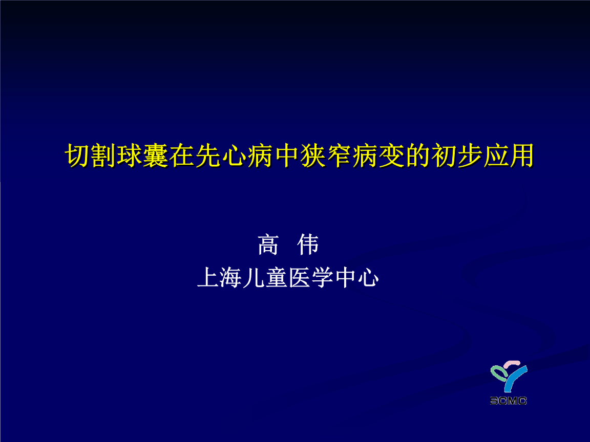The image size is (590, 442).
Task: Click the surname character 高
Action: (268, 245)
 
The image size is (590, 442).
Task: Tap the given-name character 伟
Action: (308, 245)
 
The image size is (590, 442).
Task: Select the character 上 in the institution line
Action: (208, 278)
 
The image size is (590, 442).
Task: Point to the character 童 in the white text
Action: (277, 278)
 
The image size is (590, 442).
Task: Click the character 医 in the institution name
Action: (300, 278)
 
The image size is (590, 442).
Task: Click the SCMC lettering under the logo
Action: (508, 401)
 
